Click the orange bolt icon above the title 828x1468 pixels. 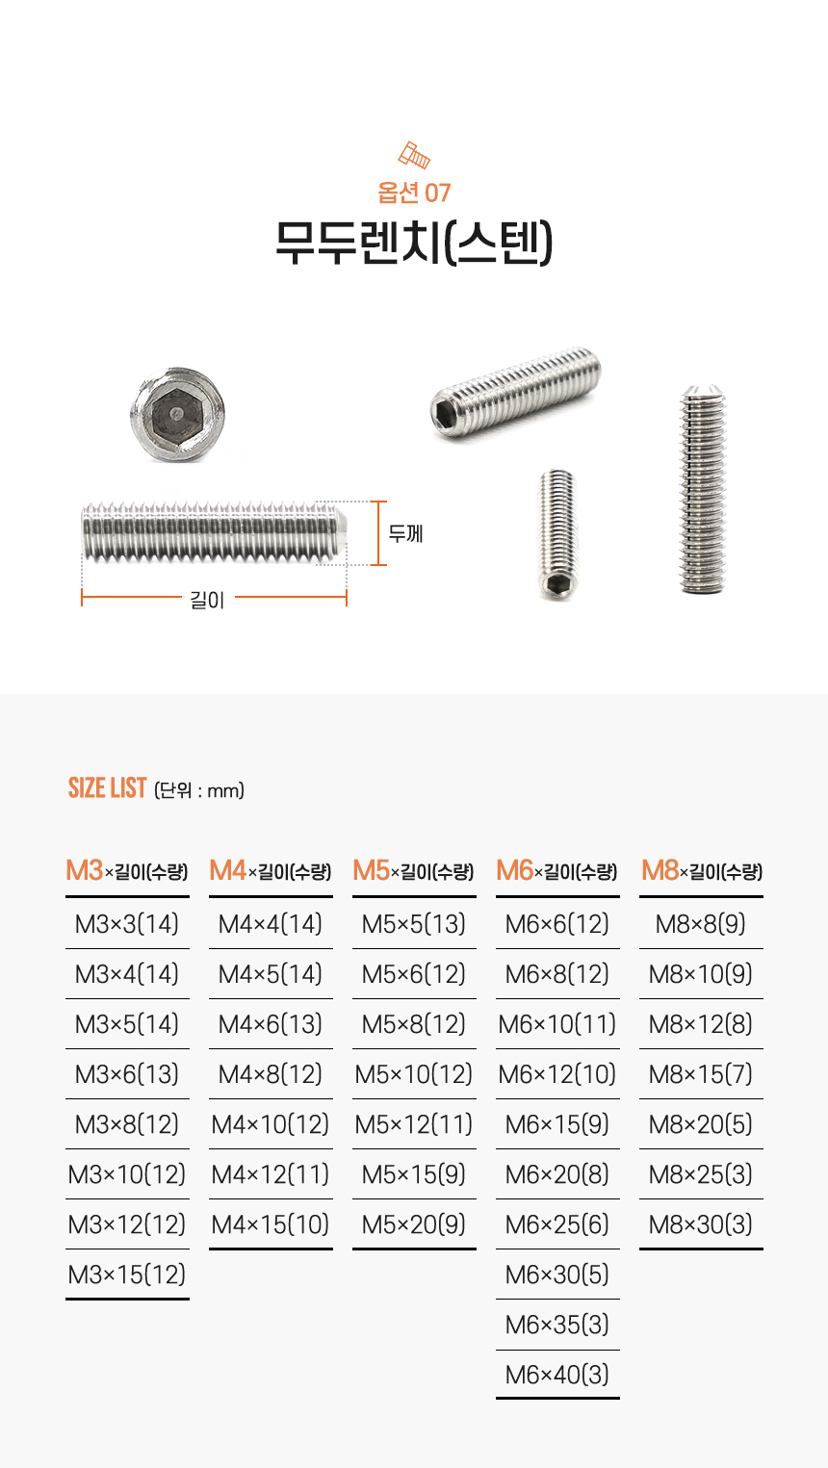click(x=414, y=155)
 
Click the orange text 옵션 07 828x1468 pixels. click(x=414, y=193)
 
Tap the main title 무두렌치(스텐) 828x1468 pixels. click(x=414, y=242)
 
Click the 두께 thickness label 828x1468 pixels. click(x=405, y=533)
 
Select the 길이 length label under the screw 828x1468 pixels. click(x=207, y=600)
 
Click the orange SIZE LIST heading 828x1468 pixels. click(x=107, y=787)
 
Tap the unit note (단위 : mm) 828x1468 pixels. click(x=198, y=790)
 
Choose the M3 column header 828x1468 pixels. click(x=127, y=871)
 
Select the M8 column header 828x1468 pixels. click(x=702, y=871)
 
